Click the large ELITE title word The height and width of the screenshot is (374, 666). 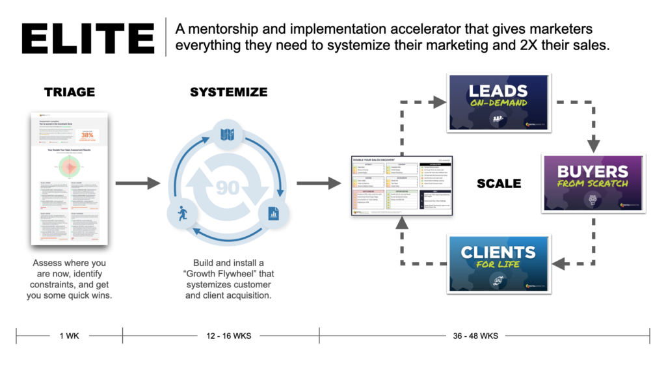click(x=88, y=39)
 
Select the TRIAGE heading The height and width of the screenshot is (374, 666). click(x=69, y=92)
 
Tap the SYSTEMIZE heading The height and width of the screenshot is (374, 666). click(x=228, y=92)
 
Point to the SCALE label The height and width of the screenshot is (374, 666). click(x=499, y=183)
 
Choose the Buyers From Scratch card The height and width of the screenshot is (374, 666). click(x=593, y=183)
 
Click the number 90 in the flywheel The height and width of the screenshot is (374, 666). click(x=228, y=188)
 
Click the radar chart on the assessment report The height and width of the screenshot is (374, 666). click(x=69, y=167)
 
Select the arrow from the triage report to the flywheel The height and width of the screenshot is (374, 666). click(x=137, y=183)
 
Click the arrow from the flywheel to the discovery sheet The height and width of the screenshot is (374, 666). click(x=319, y=183)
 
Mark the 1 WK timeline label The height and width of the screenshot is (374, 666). click(x=69, y=336)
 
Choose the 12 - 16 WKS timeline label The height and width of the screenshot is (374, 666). click(x=228, y=336)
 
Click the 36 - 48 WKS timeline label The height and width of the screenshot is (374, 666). click(x=475, y=336)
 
